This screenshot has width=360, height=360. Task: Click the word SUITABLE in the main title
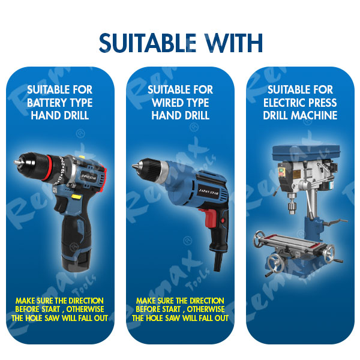(148, 43)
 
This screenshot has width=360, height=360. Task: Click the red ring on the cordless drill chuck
(48, 167)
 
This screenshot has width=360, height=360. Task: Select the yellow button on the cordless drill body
(76, 197)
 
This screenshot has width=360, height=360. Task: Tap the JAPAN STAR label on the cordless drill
(89, 177)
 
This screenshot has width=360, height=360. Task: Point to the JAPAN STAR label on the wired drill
(208, 192)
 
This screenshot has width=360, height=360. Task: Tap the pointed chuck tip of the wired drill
(134, 166)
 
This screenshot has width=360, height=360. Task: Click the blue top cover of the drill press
(306, 152)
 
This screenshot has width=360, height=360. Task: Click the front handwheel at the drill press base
(275, 265)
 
